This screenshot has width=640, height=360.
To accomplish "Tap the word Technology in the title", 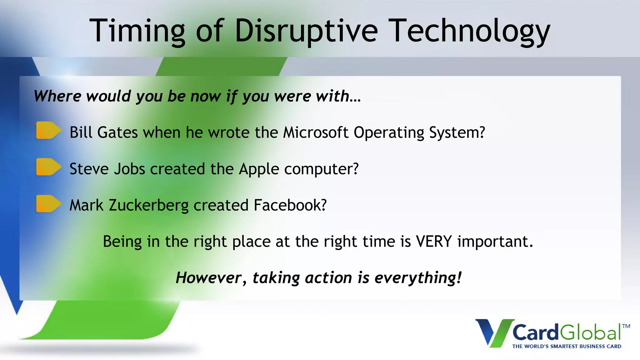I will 470,31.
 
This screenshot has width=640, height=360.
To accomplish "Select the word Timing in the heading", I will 137,31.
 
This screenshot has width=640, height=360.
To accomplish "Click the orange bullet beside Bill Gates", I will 48,130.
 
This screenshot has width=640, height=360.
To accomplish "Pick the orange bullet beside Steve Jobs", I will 48,167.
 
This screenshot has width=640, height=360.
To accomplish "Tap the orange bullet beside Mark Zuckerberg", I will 48,203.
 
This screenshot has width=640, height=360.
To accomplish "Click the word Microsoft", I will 315,132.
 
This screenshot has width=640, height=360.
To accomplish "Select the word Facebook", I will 290,205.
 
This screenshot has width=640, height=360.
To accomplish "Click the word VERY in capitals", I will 434,242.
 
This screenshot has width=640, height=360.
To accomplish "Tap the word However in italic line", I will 208,277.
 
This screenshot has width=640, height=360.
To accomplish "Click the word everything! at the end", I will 418,277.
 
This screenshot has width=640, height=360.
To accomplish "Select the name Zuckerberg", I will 148,205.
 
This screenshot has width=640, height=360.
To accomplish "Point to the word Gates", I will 117,132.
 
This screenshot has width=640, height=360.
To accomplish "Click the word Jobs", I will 129,169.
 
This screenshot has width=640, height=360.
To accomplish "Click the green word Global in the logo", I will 590,332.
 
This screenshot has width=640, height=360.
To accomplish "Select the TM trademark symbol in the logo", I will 626,326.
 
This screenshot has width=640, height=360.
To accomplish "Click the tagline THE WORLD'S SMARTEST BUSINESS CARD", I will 567,346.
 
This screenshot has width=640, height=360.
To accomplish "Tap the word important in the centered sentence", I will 495,242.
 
